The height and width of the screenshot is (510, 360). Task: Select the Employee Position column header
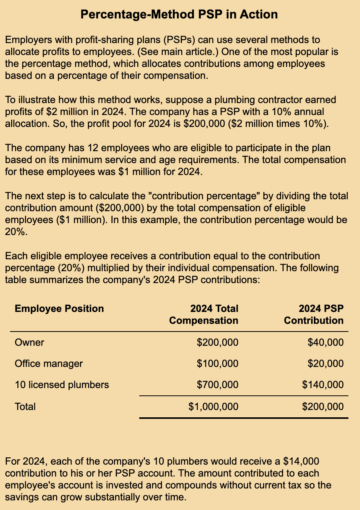[59, 308]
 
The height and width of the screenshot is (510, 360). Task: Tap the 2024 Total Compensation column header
[204, 315]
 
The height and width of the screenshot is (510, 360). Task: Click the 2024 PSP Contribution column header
[314, 315]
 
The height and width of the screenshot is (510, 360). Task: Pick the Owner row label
[29, 342]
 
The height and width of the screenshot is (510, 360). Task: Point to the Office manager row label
[48, 363]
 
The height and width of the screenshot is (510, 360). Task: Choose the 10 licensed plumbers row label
[62, 385]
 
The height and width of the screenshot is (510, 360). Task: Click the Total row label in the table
[25, 407]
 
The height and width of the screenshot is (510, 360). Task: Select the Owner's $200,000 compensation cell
[217, 342]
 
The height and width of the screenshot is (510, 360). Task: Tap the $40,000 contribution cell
[326, 342]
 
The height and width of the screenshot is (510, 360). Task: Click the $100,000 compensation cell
[217, 363]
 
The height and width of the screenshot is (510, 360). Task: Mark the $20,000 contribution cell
[326, 363]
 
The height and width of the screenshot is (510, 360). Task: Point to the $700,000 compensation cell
[217, 385]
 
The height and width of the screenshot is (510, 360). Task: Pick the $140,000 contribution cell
[323, 385]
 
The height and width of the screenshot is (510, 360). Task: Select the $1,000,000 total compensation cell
[213, 407]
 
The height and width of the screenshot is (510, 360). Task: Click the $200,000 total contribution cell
[323, 407]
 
